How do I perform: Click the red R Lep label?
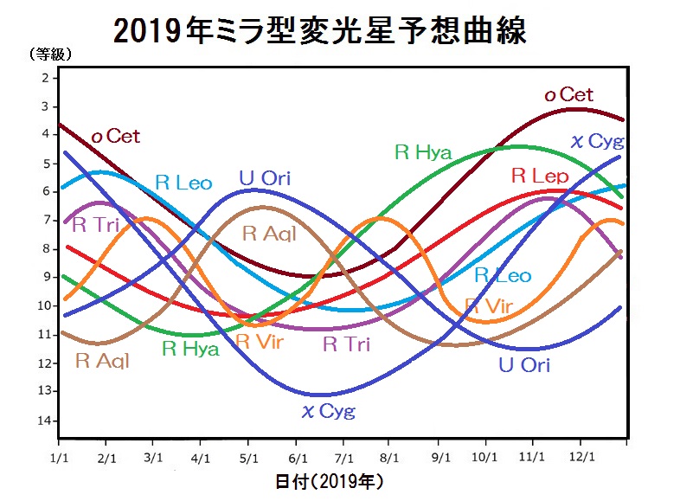[x=539, y=176]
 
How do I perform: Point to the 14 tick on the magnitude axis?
[x=43, y=421]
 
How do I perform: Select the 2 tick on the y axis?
[x=43, y=78]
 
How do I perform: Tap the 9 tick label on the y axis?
[x=43, y=277]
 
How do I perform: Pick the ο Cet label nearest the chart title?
[x=568, y=95]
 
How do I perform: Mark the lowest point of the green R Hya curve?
[x=196, y=334]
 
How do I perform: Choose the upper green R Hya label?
[x=423, y=153]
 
